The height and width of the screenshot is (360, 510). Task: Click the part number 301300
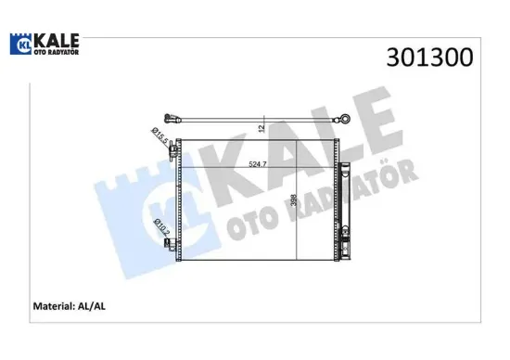429,58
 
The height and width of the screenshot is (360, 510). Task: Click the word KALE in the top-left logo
57,41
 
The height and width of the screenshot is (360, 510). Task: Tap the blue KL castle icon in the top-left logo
20,44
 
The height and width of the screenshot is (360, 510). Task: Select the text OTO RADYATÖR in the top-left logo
57,52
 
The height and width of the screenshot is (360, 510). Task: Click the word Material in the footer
54,306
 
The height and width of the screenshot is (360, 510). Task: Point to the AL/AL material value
92,306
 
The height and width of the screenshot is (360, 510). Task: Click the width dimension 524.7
258,164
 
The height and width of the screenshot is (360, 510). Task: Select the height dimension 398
293,200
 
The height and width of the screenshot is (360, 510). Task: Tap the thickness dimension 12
261,128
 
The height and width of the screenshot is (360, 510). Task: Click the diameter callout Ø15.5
160,136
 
